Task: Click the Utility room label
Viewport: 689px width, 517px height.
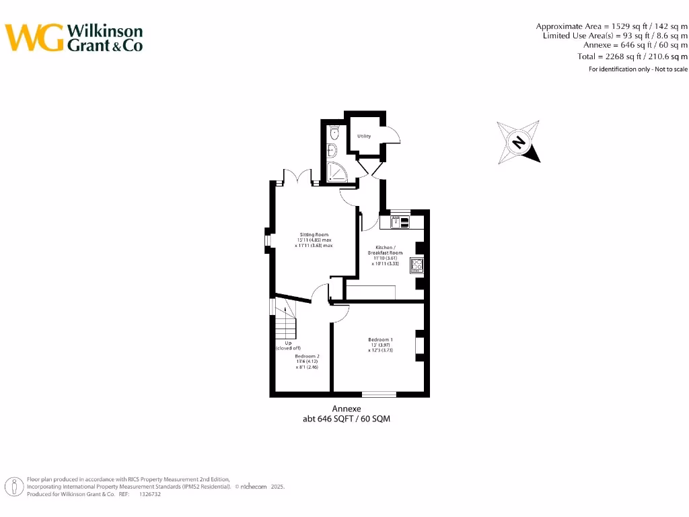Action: (x=364, y=136)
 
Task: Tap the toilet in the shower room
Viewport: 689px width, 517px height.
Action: (x=334, y=133)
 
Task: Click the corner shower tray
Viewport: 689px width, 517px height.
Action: (x=337, y=172)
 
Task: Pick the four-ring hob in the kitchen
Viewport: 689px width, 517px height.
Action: (x=417, y=265)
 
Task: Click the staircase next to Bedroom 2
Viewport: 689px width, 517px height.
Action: (x=285, y=322)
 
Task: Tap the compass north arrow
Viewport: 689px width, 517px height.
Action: (x=519, y=143)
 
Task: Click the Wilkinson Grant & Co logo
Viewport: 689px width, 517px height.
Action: (x=74, y=38)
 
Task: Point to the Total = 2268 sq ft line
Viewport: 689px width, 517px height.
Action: (x=632, y=57)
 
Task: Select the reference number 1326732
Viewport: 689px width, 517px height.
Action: (x=149, y=494)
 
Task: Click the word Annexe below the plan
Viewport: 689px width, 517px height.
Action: (x=347, y=409)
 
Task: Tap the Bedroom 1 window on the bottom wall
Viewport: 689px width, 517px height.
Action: (x=379, y=394)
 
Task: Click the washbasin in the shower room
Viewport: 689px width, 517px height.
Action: (x=331, y=150)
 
